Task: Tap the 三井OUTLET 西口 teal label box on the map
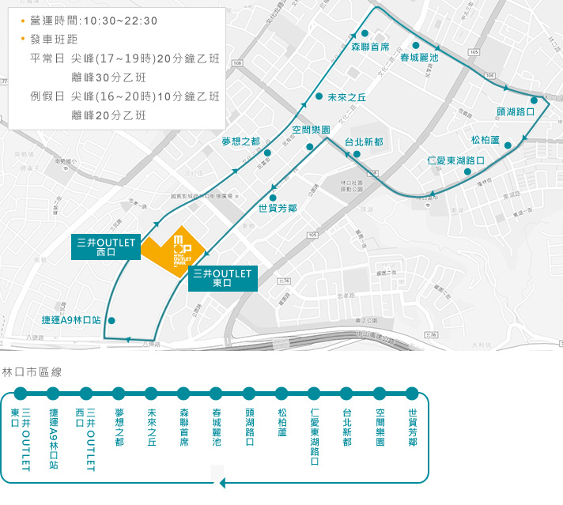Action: [106, 247]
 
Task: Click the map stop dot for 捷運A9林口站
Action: [111, 321]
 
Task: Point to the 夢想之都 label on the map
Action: [240, 141]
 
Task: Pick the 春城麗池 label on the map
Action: [418, 58]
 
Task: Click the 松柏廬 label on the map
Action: [486, 140]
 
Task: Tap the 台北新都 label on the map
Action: [364, 142]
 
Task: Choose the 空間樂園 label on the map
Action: [311, 130]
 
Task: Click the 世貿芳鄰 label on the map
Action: [278, 209]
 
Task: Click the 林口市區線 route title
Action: [32, 371]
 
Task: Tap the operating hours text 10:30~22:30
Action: [118, 21]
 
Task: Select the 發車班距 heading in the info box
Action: [56, 39]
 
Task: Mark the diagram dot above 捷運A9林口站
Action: [53, 393]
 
